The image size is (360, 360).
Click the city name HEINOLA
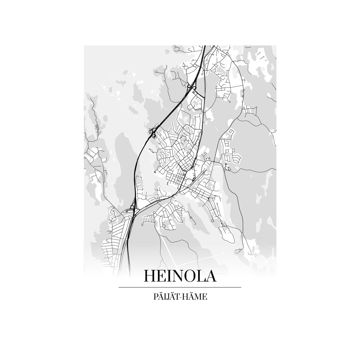click(x=180, y=276)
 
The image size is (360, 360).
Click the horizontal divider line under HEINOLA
click(x=180, y=287)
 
